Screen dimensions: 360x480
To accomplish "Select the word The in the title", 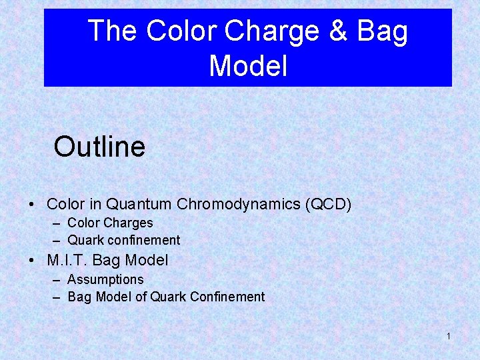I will click(113, 31).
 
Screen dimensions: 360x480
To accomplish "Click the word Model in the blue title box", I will click(248, 66).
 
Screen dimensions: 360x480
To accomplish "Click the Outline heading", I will click(99, 147).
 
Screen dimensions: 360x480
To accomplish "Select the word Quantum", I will click(137, 204).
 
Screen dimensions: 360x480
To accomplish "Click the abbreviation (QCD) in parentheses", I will click(328, 204).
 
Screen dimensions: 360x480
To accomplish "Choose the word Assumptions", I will click(105, 279).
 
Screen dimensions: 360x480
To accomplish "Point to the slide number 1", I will click(448, 336).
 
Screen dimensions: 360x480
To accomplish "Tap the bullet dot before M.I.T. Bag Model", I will click(32, 261).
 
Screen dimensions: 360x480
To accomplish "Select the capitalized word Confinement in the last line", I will click(227, 297).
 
